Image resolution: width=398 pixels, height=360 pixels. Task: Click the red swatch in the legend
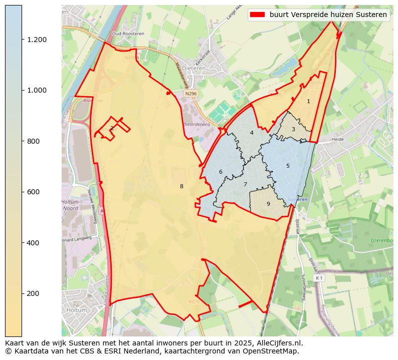[258, 15]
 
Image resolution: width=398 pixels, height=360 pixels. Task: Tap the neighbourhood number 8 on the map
[181, 187]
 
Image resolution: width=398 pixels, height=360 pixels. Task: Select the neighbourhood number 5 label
[288, 166]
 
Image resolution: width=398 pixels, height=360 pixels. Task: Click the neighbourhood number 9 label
[268, 204]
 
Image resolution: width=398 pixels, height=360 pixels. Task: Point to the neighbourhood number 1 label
[308, 101]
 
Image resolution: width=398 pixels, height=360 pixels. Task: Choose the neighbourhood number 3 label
[293, 130]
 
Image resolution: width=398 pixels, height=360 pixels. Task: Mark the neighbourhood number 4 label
[252, 133]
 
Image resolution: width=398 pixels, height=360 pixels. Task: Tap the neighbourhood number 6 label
[221, 172]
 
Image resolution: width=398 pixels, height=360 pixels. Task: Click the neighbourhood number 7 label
[245, 184]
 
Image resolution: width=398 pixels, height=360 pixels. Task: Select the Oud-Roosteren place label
[124, 34]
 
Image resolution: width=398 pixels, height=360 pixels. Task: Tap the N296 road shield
[190, 93]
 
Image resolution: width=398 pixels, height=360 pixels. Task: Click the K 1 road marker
[319, 277]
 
